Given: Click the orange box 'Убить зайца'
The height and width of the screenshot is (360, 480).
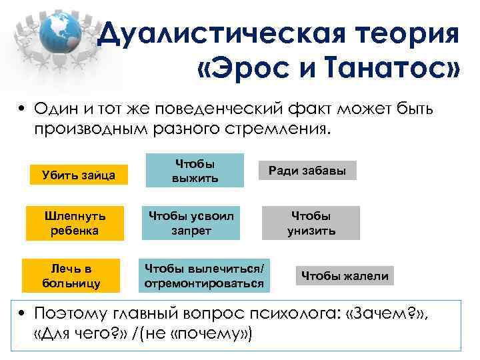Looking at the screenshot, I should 75,175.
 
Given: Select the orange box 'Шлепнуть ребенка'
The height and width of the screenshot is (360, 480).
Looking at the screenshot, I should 75,223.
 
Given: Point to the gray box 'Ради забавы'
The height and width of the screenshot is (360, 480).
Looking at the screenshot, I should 307,171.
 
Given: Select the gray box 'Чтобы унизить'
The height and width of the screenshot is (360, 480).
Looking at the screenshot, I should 311,223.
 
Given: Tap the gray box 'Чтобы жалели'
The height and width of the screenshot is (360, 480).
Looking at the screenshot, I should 345,275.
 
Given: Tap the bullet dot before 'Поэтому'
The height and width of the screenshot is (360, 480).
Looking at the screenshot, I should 23,312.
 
